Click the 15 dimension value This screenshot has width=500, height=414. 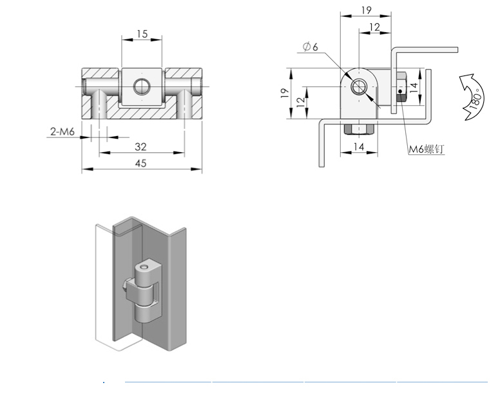(x=142, y=34)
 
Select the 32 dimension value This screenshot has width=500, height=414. (x=140, y=146)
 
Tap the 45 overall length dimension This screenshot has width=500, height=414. (x=140, y=163)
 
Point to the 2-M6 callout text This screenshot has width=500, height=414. (x=63, y=131)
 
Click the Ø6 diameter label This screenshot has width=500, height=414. (x=311, y=46)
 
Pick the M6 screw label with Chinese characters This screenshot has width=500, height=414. (x=427, y=149)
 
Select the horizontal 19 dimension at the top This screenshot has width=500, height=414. (x=367, y=10)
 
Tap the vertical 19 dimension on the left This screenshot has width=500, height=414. (x=285, y=93)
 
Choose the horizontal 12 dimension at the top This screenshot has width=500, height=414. (x=375, y=28)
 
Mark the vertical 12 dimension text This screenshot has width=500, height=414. (x=301, y=102)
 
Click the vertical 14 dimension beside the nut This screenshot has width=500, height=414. (x=413, y=88)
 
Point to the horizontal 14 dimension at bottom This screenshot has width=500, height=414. (x=359, y=146)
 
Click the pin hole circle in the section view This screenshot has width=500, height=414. (x=141, y=86)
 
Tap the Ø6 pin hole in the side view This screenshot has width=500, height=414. (x=359, y=87)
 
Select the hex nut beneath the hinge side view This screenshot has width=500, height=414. (x=359, y=128)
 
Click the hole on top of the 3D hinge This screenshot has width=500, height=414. (x=146, y=266)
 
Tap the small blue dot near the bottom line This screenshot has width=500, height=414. (x=104, y=382)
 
